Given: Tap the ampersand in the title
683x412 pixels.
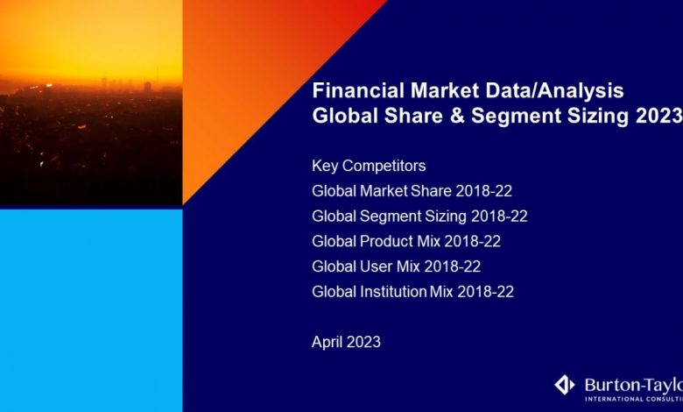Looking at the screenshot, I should [457, 116].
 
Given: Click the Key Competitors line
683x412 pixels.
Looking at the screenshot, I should [369, 166].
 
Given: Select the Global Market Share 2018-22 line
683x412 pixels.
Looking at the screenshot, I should [407, 191].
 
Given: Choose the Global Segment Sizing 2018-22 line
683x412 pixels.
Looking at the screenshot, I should [419, 216].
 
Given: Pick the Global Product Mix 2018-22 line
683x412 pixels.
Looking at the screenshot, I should [406, 241].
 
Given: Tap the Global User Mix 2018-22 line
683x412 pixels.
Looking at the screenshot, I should [396, 266].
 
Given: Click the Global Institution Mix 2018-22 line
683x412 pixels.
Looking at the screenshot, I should [412, 292].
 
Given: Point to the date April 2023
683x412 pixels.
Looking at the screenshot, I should [346, 343].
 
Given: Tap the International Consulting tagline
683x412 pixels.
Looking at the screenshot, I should [631, 400].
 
